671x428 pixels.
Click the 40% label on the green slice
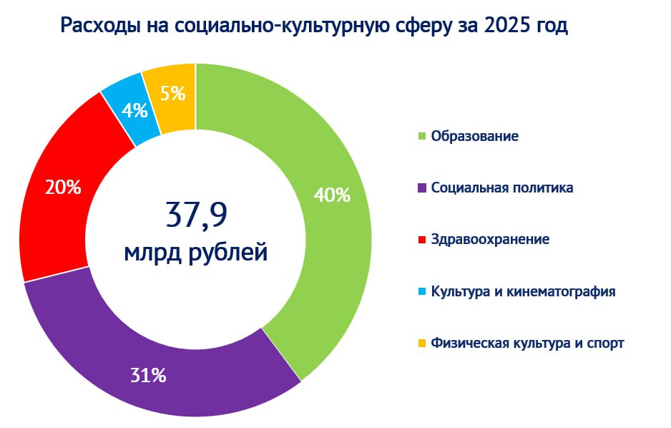tap(332, 195)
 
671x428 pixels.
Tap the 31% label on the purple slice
tap(148, 375)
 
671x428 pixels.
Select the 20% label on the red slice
tap(63, 188)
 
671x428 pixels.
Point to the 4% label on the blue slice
tap(134, 110)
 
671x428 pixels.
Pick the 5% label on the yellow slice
tap(173, 93)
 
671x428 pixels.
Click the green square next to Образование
tap(422, 136)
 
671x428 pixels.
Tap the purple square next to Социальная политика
tap(422, 188)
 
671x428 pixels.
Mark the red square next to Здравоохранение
tap(422, 240)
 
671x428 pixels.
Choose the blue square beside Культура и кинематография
tap(422, 292)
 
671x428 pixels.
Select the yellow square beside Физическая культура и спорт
tap(422, 344)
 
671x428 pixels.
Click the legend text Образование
tap(474, 136)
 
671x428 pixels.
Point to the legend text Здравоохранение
tap(490, 240)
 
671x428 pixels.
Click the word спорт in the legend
tap(604, 344)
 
